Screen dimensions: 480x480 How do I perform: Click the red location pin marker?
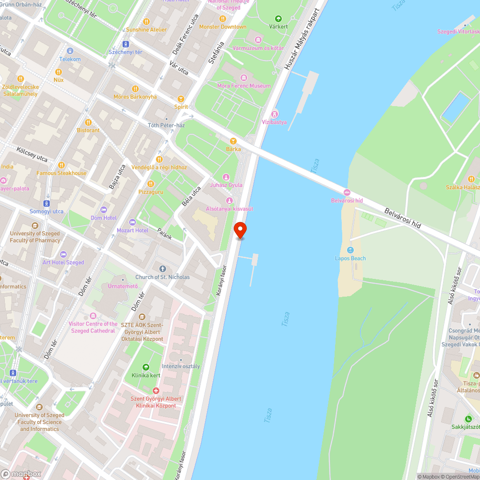240,230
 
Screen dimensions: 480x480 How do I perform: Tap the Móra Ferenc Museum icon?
243,78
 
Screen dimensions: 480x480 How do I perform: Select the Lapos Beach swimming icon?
350,250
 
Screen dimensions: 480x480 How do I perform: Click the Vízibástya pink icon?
275,114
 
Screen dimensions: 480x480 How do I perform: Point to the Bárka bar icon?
233,141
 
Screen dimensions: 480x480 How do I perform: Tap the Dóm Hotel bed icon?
104,210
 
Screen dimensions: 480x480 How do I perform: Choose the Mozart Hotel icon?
132,222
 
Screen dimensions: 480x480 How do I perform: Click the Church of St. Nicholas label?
162,277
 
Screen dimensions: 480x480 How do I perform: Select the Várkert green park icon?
278,19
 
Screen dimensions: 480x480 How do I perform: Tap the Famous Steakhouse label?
61,173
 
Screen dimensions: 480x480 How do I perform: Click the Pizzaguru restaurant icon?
151,183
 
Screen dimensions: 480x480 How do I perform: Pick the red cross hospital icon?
156,391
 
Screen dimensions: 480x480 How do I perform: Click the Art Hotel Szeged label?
63,263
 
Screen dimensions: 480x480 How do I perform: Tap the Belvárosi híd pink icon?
347,192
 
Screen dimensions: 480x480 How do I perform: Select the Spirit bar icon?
180,98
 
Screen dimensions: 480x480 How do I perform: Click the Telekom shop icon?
70,51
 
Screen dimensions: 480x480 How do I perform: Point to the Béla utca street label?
191,197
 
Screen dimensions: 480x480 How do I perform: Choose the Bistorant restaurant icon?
88,122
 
